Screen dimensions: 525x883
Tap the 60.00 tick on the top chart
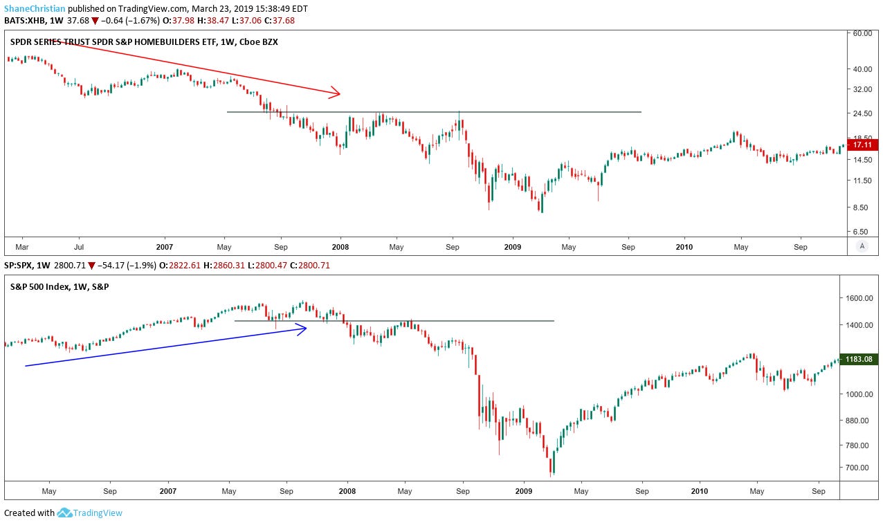tap(862, 33)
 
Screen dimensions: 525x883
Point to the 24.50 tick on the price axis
tap(862, 113)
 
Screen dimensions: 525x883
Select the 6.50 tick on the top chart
tap(862, 232)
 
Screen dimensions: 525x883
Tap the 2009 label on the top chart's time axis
tap(512, 246)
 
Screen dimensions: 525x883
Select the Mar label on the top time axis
tap(22, 246)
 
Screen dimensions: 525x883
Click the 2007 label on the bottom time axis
tap(168, 491)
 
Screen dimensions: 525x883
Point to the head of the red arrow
tap(338, 93)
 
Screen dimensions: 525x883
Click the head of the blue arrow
tap(304, 329)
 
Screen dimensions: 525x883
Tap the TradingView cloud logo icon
tap(65, 513)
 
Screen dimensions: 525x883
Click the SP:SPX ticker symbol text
tap(20, 266)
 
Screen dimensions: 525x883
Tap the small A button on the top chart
tap(862, 246)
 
